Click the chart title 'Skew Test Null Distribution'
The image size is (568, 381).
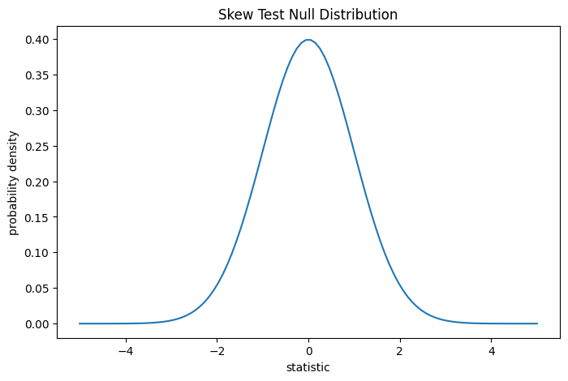click(x=308, y=15)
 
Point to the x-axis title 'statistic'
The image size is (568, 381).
click(x=308, y=367)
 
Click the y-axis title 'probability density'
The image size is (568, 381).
click(x=14, y=181)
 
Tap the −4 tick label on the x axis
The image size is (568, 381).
click(x=125, y=351)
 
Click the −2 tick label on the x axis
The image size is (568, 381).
click(x=217, y=351)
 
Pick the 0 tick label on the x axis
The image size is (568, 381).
click(x=308, y=351)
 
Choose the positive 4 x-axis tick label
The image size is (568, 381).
click(x=492, y=351)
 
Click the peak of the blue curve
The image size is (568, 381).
click(x=308, y=40)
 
